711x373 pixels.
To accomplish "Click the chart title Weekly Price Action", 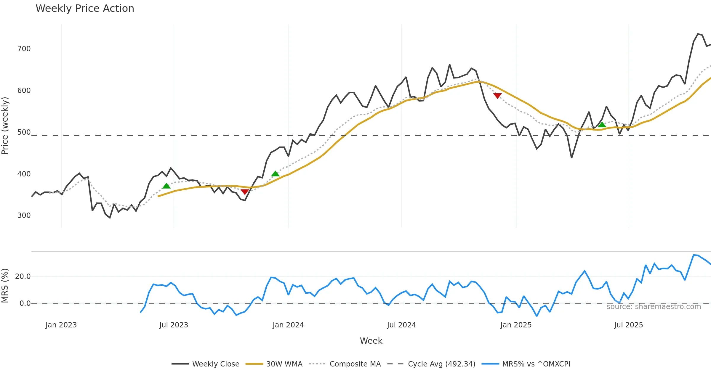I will click(x=85, y=9).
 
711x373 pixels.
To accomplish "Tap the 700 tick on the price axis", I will click(x=24, y=49).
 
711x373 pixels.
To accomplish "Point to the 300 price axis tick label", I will click(x=24, y=216).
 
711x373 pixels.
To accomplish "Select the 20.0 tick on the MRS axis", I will click(x=23, y=276).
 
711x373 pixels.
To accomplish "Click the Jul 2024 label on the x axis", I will click(x=401, y=325).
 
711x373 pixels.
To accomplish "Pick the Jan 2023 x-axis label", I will click(x=61, y=325).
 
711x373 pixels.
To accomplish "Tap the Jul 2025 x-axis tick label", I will click(x=628, y=325).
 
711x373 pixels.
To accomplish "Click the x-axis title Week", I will click(x=371, y=341).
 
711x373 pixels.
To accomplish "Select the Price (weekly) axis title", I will click(x=5, y=126).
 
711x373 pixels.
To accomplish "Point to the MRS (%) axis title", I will click(x=5, y=286).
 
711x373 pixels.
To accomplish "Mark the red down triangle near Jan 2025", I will click(x=497, y=96).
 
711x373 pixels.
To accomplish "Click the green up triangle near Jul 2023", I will click(x=166, y=186).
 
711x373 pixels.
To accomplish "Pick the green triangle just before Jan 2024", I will click(x=275, y=174).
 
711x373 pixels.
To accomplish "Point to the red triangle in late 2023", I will click(x=245, y=192).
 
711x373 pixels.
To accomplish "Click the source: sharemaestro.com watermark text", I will click(x=654, y=307).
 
